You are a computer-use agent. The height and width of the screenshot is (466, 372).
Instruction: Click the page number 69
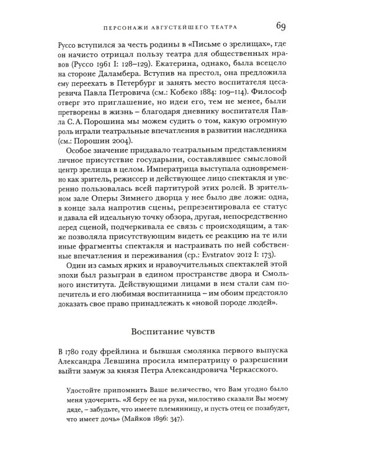tap(277, 25)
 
